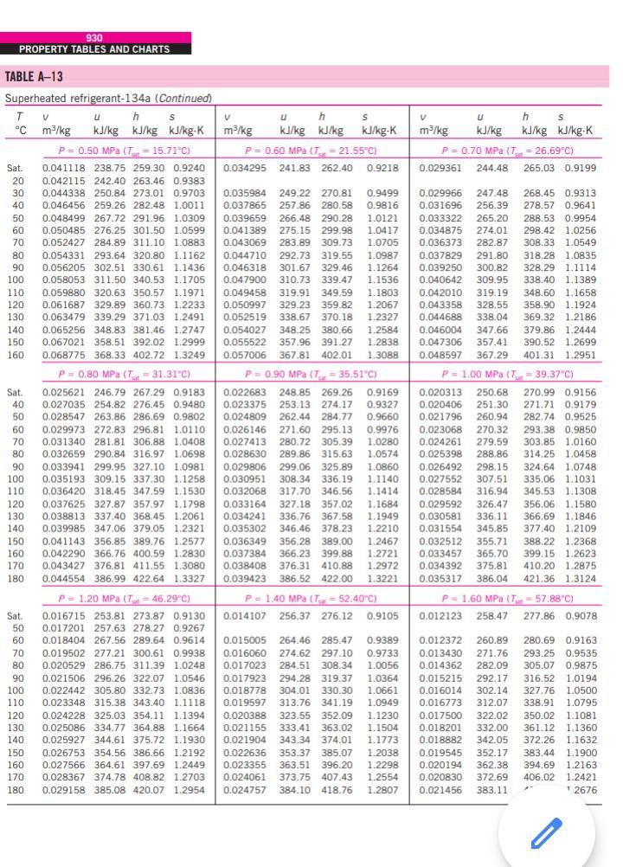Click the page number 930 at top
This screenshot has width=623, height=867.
pos(94,38)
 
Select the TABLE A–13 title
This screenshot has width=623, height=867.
pos(35,77)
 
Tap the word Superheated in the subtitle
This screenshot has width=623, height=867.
pos(34,98)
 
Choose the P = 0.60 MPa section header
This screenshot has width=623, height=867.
pos(313,151)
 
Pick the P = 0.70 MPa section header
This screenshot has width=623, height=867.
pos(507,151)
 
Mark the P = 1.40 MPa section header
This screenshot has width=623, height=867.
pos(313,598)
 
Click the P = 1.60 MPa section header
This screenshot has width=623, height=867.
pos(507,598)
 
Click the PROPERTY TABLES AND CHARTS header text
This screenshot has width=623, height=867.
pos(94,49)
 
